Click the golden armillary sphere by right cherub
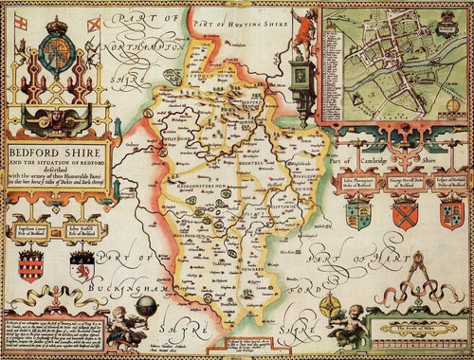[333, 309]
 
